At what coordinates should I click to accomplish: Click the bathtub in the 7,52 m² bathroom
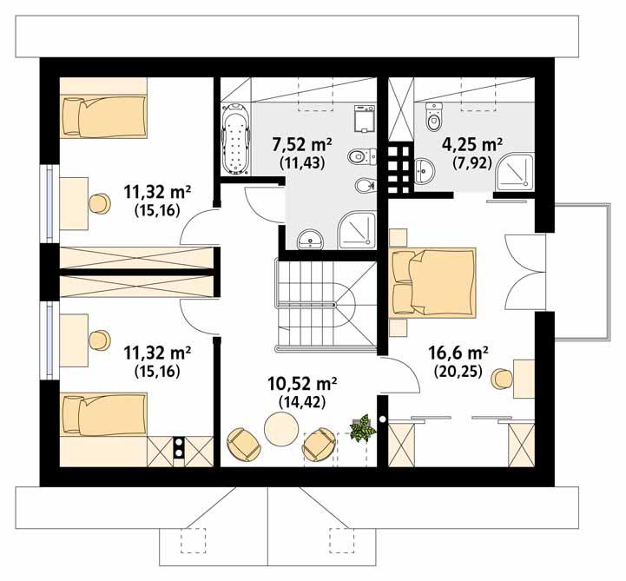pos(234,140)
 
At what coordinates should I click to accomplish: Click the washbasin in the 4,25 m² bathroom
pos(425,170)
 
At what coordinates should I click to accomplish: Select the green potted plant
pos(362,427)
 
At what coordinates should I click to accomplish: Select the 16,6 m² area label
pos(458,353)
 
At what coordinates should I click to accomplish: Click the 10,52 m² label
pos(301,383)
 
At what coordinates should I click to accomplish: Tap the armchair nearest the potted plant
pos(319,444)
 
